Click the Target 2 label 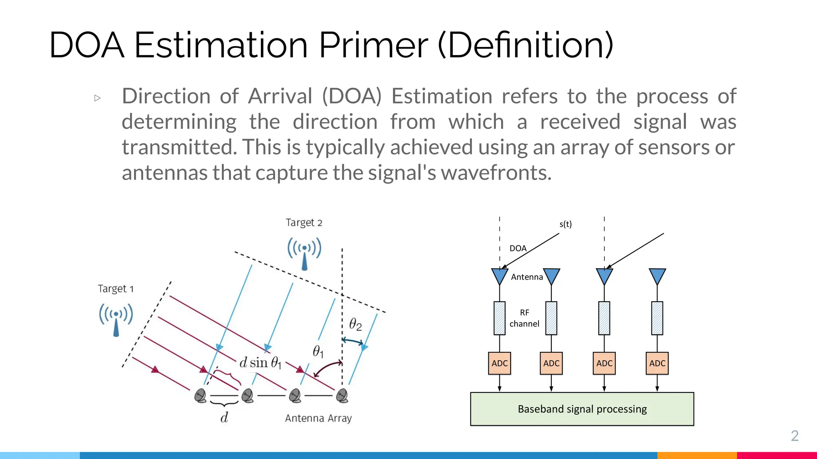click(304, 222)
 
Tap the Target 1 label click(116, 288)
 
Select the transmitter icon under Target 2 click(304, 253)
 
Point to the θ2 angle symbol click(355, 324)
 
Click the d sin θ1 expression click(260, 363)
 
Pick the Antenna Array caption click(318, 418)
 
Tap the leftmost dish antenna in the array click(200, 396)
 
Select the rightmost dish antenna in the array click(342, 396)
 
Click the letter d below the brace click(224, 418)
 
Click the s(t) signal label click(565, 224)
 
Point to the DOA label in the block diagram click(518, 249)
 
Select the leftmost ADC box click(499, 363)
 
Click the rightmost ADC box click(657, 363)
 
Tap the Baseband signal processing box click(582, 409)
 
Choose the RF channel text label click(524, 318)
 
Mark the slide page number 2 click(794, 436)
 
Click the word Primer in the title click(373, 45)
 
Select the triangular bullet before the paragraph click(98, 98)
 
